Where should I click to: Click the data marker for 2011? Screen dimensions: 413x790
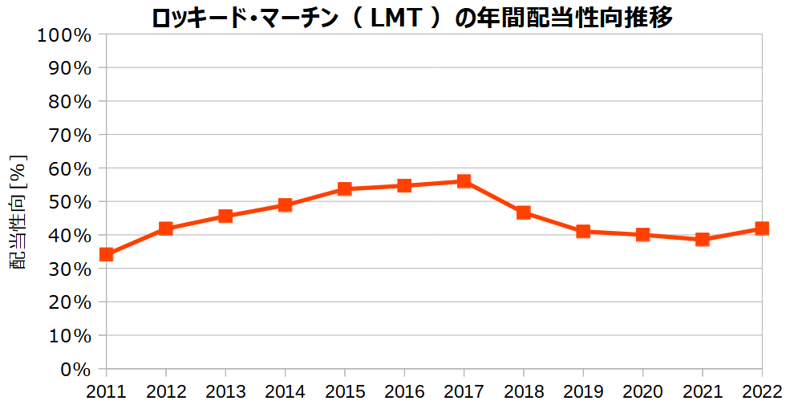tap(106, 254)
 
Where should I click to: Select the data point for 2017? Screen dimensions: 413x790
tap(464, 181)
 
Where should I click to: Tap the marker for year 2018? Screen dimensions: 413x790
tap(524, 213)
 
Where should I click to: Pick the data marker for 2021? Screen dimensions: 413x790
tap(703, 239)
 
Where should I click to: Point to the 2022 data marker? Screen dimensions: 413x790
tap(762, 229)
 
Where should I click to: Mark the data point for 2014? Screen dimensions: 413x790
tap(285, 205)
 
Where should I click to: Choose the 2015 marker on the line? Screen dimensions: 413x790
tap(345, 189)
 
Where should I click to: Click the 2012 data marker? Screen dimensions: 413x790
tap(166, 229)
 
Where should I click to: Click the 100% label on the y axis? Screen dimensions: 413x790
tap(64, 35)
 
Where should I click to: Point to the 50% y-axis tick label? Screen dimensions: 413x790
tap(69, 202)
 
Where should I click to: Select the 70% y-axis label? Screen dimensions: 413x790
tap(69, 136)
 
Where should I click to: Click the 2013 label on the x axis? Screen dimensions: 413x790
tap(225, 392)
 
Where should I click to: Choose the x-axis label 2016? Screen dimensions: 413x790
tap(404, 392)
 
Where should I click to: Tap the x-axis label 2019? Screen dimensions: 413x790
tap(583, 392)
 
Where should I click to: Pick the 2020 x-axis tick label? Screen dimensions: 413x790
tap(642, 392)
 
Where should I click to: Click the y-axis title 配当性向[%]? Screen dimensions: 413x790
tap(18, 213)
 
